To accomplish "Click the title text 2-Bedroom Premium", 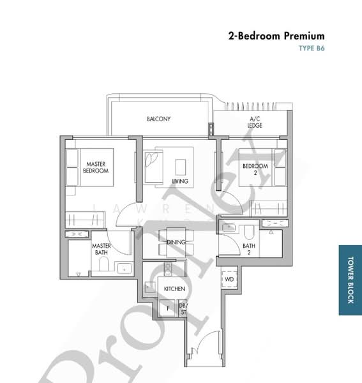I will tap(276, 36).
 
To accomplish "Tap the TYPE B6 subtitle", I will tap(312, 49).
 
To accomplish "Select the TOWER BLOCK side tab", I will tap(350, 280).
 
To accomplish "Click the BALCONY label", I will tap(158, 119).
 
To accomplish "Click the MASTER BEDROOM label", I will tap(97, 167).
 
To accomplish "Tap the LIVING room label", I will tap(180, 182).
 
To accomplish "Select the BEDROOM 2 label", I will tap(255, 169).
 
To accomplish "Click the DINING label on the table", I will tap(176, 243).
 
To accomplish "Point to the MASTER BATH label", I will tap(102, 249).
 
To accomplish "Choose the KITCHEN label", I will tap(174, 289).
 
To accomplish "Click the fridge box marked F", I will tap(169, 309).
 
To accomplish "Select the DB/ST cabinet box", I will tap(183, 309).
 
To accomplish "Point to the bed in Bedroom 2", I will tap(262, 167).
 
